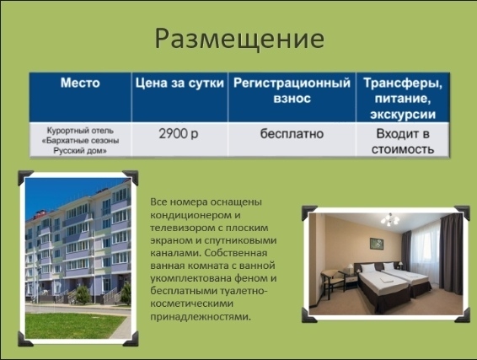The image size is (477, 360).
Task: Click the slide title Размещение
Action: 239,40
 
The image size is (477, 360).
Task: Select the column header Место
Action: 80,83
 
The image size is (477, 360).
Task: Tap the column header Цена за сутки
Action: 180,83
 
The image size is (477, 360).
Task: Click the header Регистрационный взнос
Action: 292,91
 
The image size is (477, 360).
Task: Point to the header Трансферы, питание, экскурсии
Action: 403,99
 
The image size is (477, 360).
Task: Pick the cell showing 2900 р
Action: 179,133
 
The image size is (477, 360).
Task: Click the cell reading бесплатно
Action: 292,133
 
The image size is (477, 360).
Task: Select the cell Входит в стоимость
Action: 403,142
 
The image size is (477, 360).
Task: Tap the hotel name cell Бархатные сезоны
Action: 80,141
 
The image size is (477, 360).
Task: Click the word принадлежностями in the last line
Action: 201,317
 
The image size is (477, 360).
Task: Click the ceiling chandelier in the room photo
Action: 389,220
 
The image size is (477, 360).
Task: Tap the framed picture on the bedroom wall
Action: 377,244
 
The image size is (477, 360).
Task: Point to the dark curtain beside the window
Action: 451,254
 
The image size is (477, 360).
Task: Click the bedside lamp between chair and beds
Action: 350,269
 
